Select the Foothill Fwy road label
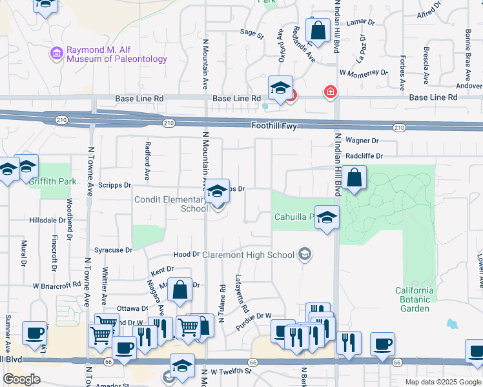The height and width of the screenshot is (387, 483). [x=276, y=126]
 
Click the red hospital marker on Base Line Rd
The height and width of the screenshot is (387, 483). [x=331, y=93]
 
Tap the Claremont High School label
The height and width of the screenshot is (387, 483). [x=249, y=255]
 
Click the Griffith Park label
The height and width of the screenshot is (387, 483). [x=53, y=181]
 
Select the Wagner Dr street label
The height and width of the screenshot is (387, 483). [x=362, y=140]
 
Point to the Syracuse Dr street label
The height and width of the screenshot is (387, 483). [x=113, y=250]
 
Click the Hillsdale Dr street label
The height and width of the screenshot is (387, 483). [x=47, y=220]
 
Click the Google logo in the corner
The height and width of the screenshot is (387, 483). [x=22, y=379]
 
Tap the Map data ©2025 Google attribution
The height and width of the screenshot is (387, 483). [x=443, y=382]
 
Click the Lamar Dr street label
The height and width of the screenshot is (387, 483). [x=360, y=22]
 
